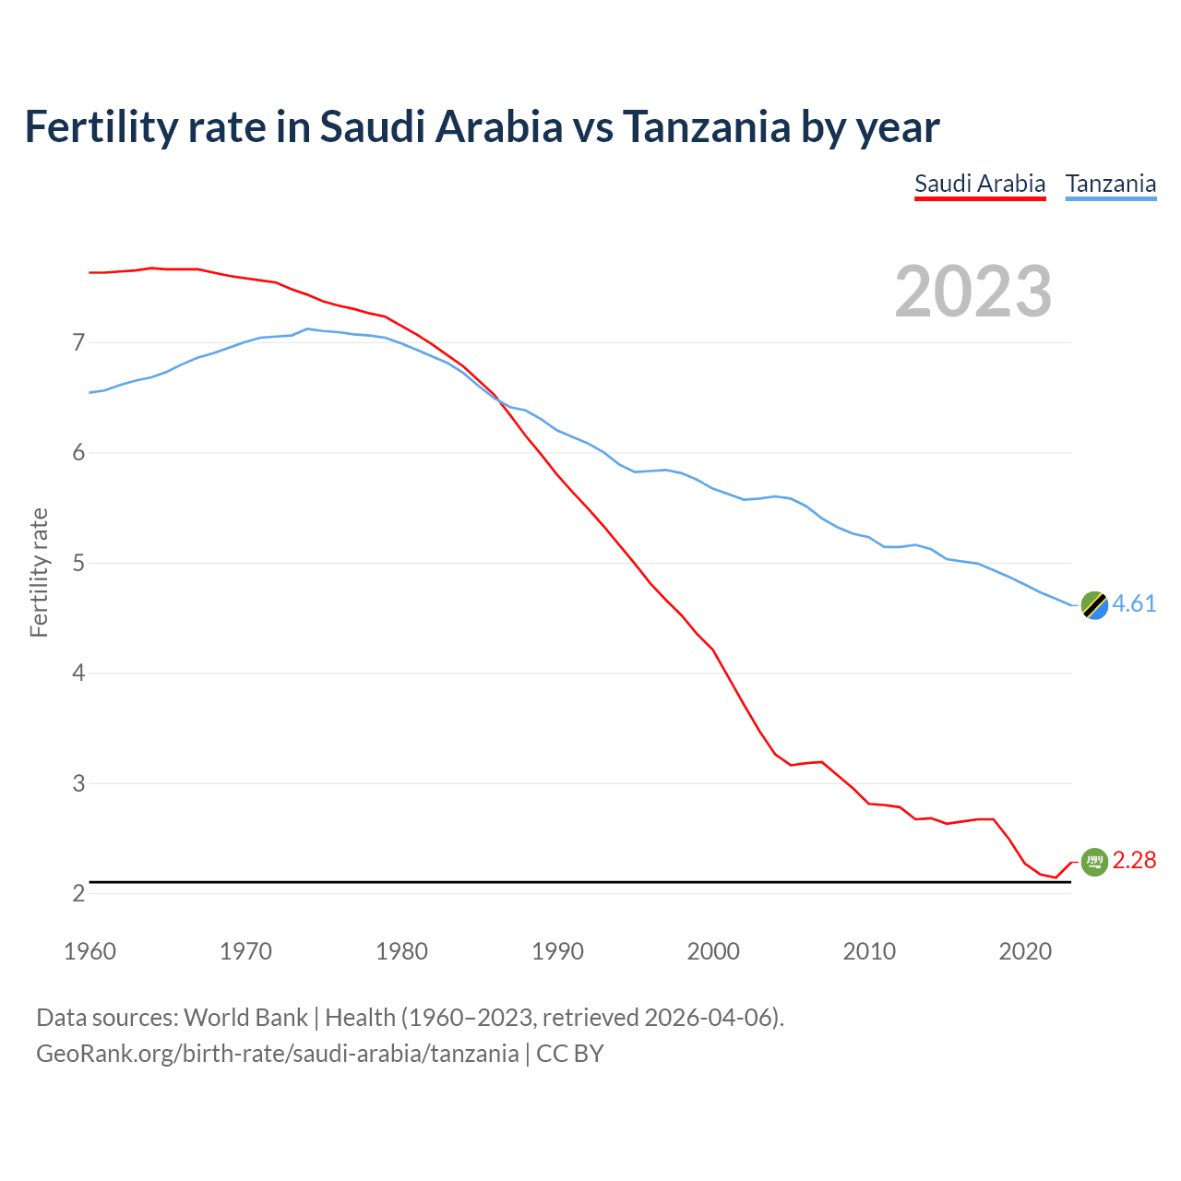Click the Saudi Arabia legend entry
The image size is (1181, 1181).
[x=979, y=184]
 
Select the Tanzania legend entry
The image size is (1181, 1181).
[x=1110, y=184]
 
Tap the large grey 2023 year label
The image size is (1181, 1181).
[x=972, y=292]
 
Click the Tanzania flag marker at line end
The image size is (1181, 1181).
[x=1093, y=605]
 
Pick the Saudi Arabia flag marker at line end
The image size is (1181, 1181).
[x=1093, y=862]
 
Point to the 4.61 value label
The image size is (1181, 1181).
[x=1134, y=604]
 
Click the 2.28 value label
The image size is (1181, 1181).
[x=1134, y=861]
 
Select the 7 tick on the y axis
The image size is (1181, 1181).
[x=78, y=343]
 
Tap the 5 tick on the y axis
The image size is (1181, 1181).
[x=78, y=563]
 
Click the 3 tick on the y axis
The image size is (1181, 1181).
[x=78, y=783]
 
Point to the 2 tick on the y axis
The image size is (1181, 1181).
[x=78, y=893]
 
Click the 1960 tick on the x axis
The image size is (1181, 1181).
[x=89, y=951]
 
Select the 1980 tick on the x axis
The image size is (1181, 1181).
[x=401, y=951]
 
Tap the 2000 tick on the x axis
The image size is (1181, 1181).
[x=713, y=951]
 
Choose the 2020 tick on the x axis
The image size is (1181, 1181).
[x=1025, y=951]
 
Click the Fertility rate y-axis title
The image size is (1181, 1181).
[x=39, y=572]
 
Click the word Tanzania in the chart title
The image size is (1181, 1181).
[x=706, y=126]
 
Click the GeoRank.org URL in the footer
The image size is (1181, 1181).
[x=277, y=1054]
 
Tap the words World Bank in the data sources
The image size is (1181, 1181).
[x=245, y=1018]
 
